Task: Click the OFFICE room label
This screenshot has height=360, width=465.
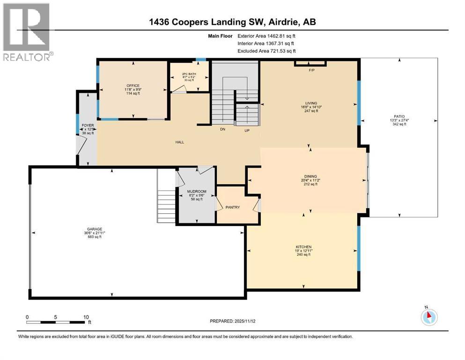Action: pos(133,86)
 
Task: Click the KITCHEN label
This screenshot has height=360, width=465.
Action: pos(303,247)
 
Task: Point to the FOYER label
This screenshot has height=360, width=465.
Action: pos(88,126)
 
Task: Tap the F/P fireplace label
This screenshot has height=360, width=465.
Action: pos(310,70)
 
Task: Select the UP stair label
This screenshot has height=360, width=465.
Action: pos(246,130)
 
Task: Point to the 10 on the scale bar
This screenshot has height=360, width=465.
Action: pos(86,317)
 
